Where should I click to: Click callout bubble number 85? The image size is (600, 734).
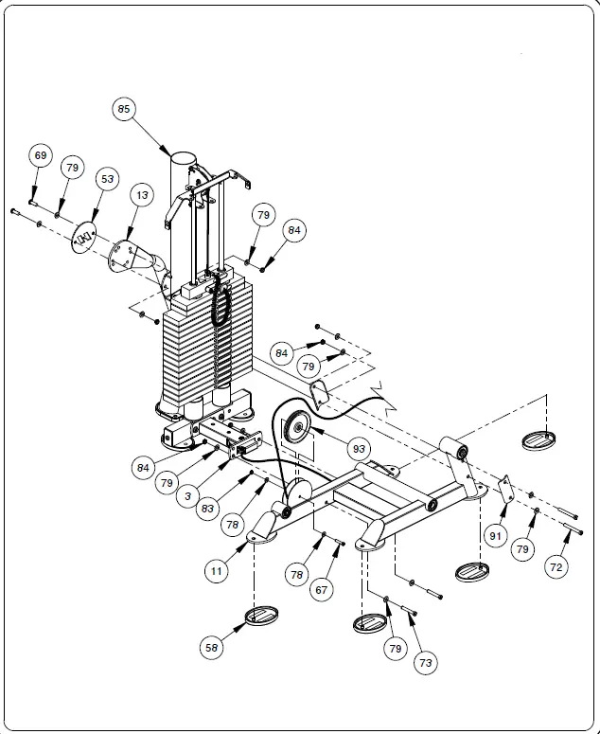pyautogui.click(x=124, y=109)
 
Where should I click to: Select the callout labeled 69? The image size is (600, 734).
pyautogui.click(x=40, y=156)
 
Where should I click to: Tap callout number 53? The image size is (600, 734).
pyautogui.click(x=107, y=179)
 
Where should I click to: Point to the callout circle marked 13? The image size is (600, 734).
pyautogui.click(x=141, y=196)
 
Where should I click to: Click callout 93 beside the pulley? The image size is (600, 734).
pyautogui.click(x=359, y=447)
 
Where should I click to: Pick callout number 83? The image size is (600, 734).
pyautogui.click(x=207, y=509)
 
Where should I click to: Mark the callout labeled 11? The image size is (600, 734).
pyautogui.click(x=217, y=570)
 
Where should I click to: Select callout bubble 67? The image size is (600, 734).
pyautogui.click(x=323, y=589)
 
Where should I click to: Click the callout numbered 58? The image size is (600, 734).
pyautogui.click(x=213, y=648)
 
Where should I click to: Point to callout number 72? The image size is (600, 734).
pyautogui.click(x=556, y=567)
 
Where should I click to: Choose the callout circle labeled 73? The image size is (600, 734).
pyautogui.click(x=425, y=663)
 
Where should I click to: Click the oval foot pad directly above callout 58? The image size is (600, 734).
pyautogui.click(x=258, y=617)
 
